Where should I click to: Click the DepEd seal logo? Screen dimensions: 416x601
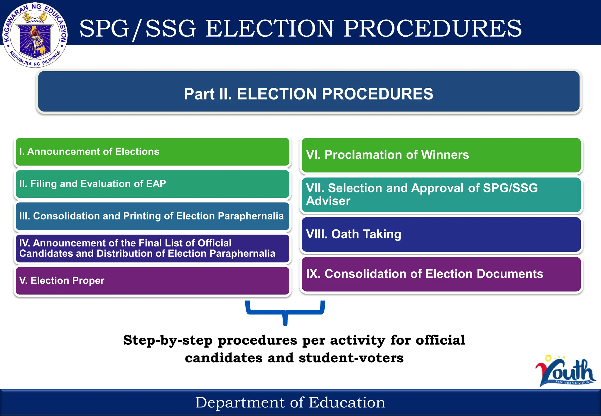click(x=35, y=35)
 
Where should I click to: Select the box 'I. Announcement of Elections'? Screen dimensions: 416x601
click(x=152, y=152)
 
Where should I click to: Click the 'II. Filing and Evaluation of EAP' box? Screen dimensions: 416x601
click(x=152, y=184)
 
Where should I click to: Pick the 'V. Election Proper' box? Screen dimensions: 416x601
click(x=152, y=280)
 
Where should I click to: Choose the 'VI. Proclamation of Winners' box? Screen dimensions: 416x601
click(x=441, y=155)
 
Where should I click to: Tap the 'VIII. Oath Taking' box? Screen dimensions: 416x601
click(x=441, y=234)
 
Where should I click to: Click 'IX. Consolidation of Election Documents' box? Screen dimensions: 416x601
click(x=441, y=274)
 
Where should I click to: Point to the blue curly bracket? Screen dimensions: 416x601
click(x=285, y=312)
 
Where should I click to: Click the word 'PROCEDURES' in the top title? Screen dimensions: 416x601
click(x=433, y=28)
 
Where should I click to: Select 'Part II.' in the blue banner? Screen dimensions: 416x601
click(x=208, y=94)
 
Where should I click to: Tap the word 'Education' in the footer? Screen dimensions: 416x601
click(x=347, y=403)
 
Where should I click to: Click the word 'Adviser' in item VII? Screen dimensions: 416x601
click(x=328, y=201)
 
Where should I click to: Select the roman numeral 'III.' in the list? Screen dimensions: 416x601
click(x=24, y=216)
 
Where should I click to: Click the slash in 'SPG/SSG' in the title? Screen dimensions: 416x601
click(x=137, y=29)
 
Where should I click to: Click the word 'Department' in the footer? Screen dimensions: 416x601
click(x=240, y=403)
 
